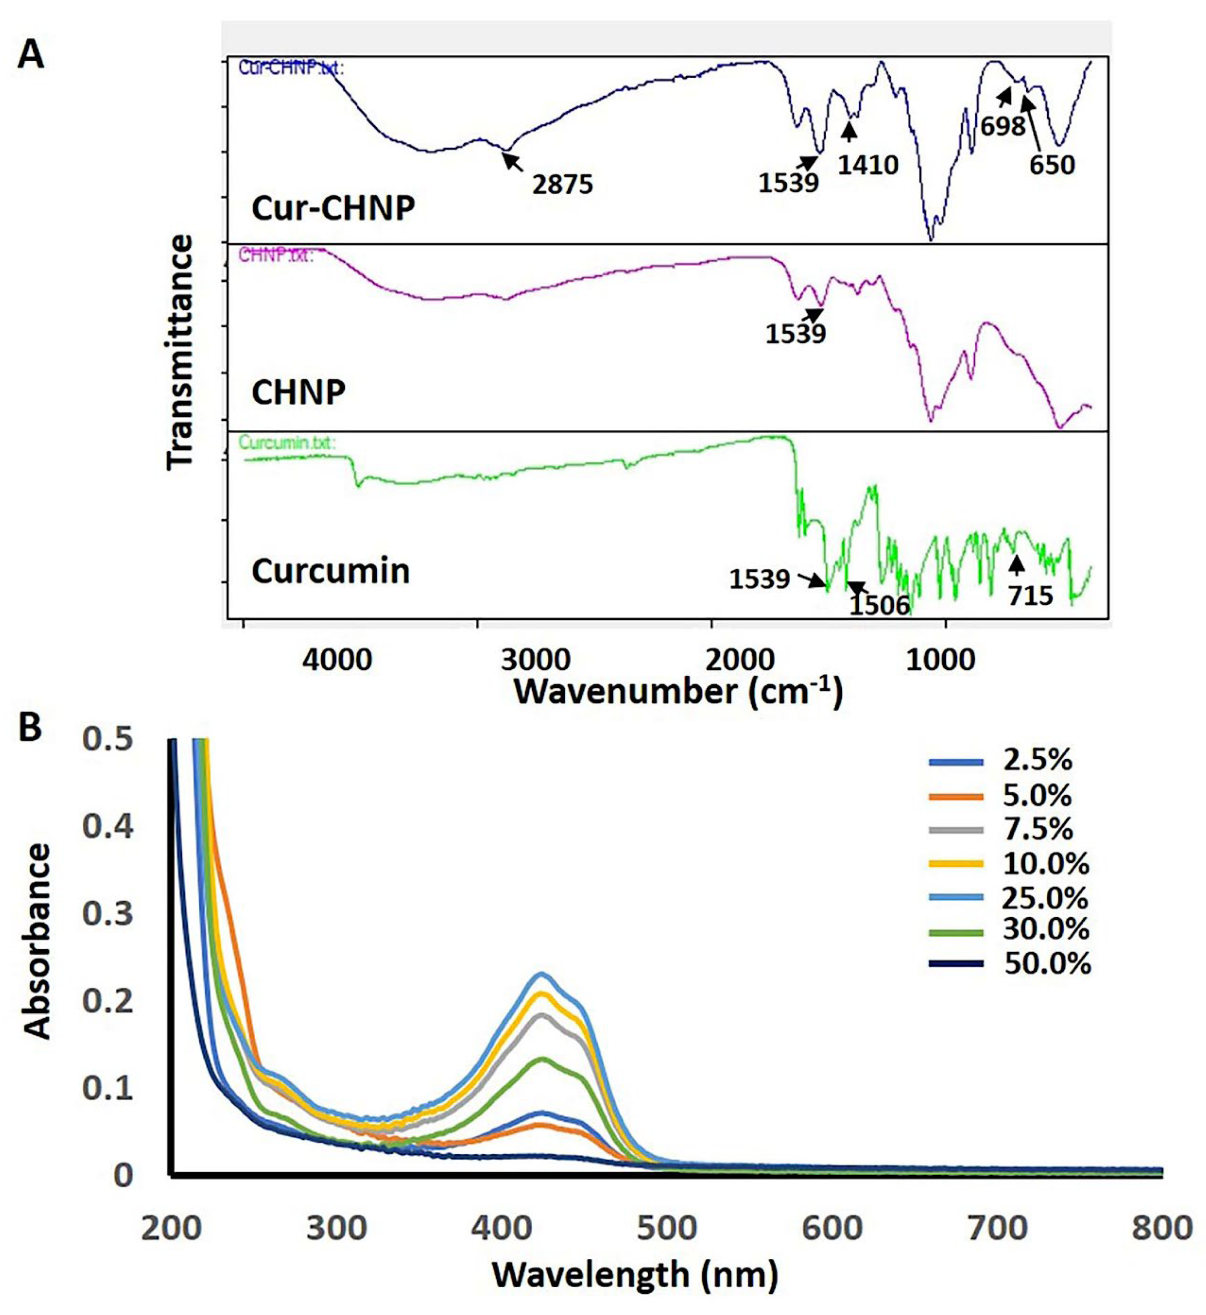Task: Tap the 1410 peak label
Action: click(x=868, y=165)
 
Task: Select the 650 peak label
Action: click(x=1052, y=165)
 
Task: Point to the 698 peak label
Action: click(x=1003, y=126)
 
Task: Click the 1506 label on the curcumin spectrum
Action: click(x=879, y=605)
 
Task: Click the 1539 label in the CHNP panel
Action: click(x=795, y=334)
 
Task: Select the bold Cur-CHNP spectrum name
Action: click(x=333, y=209)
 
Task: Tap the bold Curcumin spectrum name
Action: click(x=331, y=571)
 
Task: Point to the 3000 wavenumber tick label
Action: click(x=535, y=660)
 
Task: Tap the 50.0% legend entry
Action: click(x=1047, y=964)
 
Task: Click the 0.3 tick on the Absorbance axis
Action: click(x=108, y=914)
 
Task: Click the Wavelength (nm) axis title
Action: click(x=635, y=1275)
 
